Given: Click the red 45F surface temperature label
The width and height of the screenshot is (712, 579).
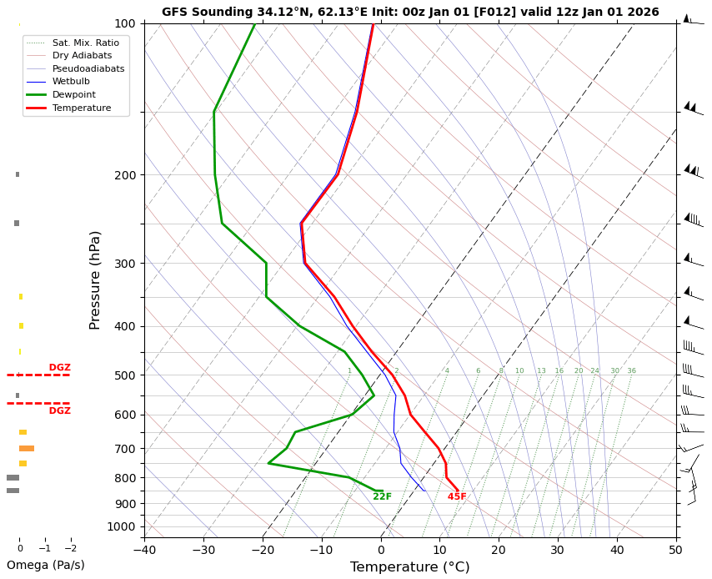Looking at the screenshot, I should coord(457,497).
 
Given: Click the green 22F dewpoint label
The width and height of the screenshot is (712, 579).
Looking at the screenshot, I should coord(382,497).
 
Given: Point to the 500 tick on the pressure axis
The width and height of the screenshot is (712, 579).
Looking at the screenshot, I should coord(124,375).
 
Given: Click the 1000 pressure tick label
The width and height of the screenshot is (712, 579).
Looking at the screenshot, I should coord(122,526).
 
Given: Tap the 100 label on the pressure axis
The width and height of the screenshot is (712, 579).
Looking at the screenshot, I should coord(124,24).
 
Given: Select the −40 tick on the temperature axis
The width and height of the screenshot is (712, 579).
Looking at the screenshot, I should coord(144,550).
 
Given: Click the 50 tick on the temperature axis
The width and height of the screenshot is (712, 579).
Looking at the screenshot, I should coord(676,550).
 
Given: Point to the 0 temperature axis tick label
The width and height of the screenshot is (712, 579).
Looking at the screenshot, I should coord(381,550).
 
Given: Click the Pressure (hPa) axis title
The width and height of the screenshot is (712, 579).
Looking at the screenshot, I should coord(96,279).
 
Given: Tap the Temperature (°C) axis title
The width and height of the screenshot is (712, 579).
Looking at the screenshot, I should coord(409,567).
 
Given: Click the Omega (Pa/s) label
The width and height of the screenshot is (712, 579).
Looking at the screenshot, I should coord(45,566).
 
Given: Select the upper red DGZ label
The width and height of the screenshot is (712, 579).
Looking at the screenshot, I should coord(59,368).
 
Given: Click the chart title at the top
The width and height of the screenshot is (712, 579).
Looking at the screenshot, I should coord(410,12).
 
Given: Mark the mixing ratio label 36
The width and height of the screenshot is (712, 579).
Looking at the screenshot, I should coord(631,371).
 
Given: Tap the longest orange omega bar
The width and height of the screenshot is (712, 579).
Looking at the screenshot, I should coord(27,449).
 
